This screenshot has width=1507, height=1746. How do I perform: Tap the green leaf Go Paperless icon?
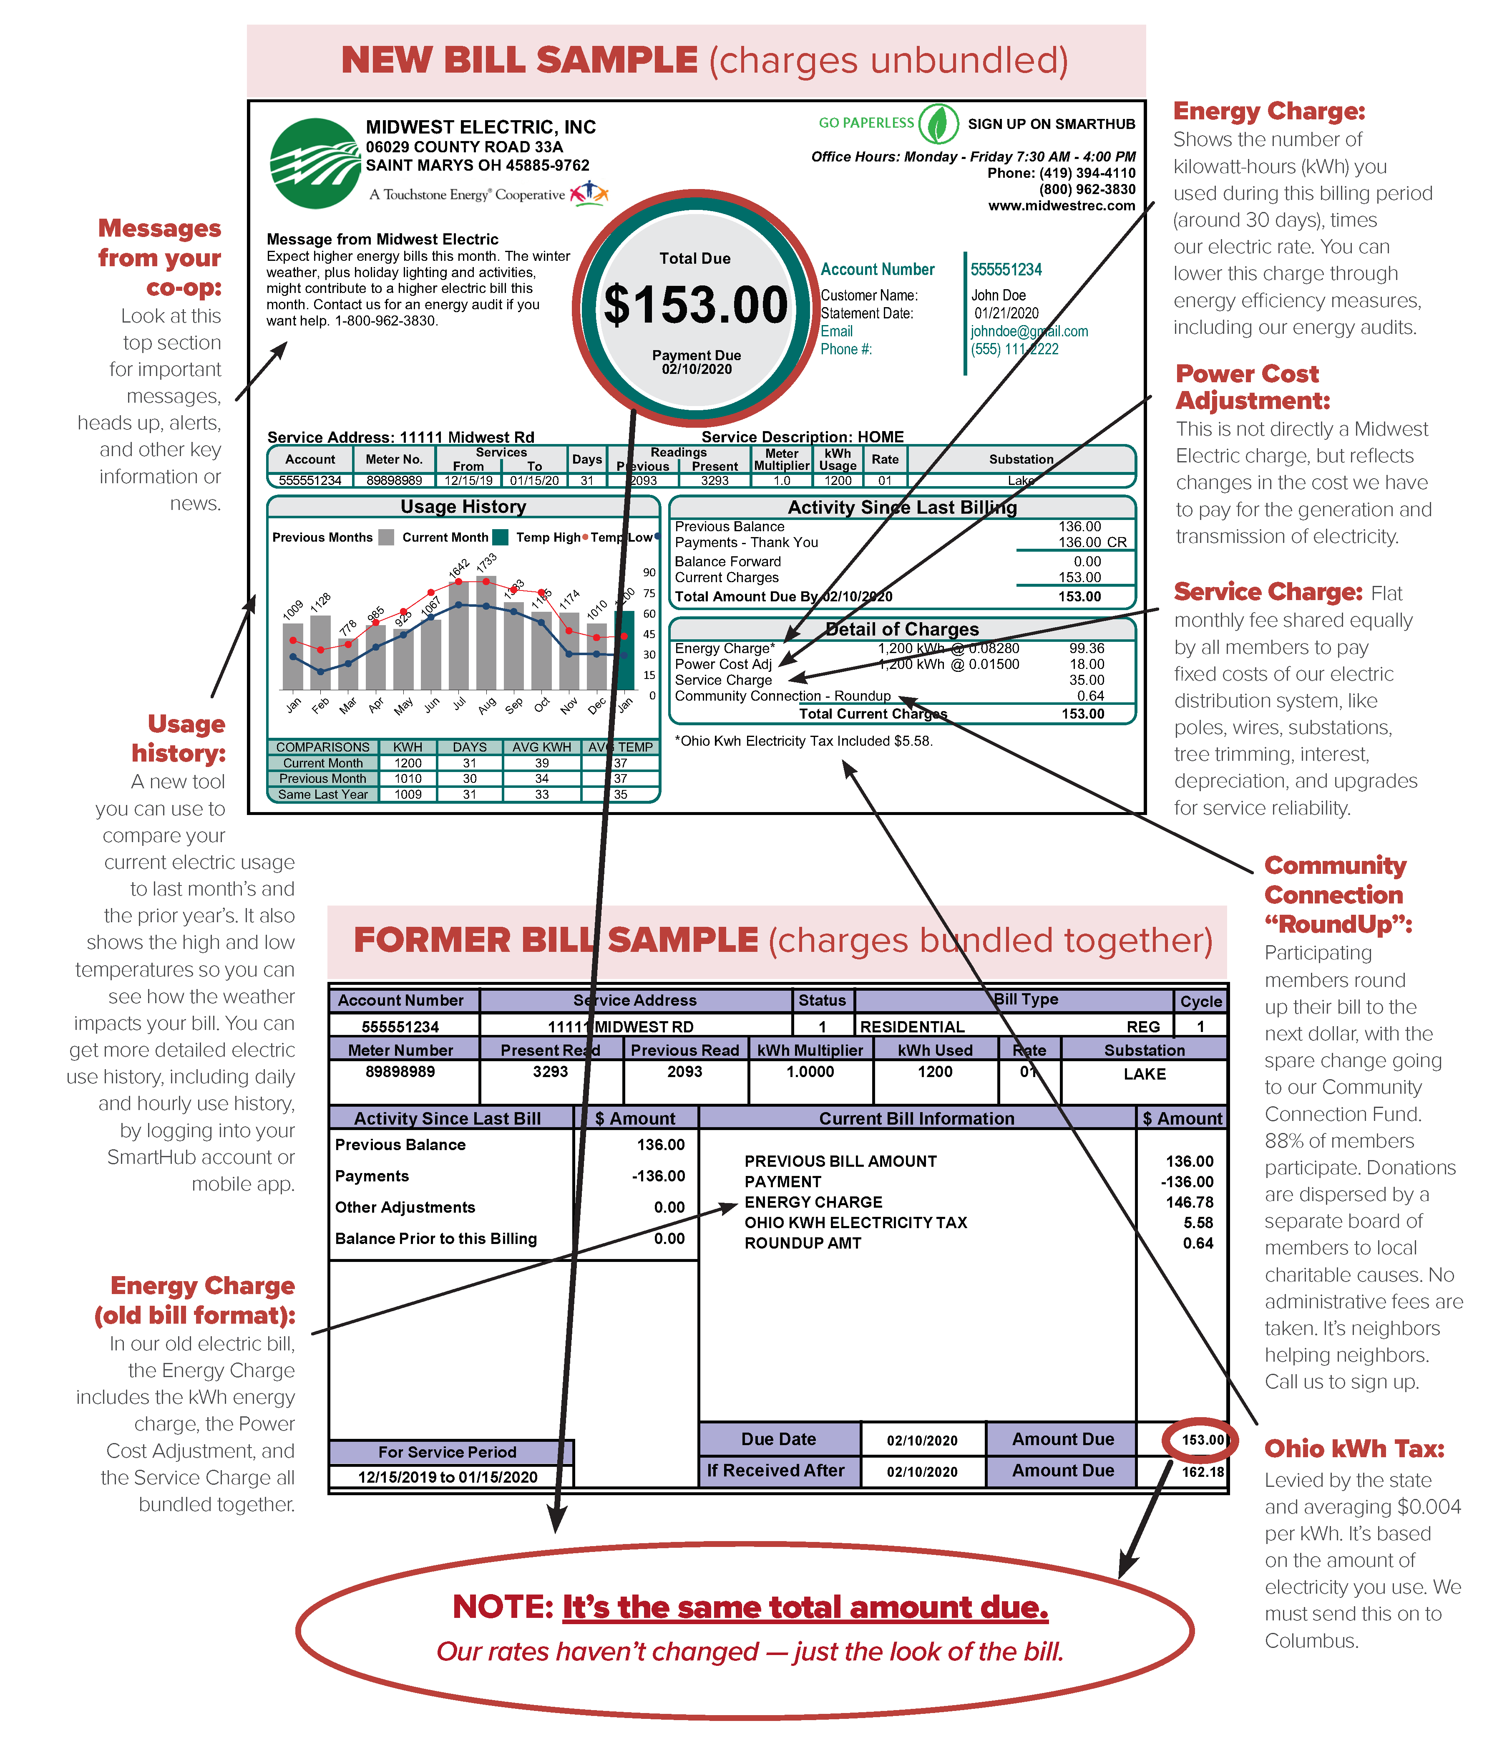click(938, 124)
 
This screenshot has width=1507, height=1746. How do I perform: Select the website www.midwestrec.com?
click(1062, 206)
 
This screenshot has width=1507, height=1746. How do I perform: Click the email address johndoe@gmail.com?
click(1029, 331)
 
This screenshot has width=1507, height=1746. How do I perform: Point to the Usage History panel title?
click(463, 507)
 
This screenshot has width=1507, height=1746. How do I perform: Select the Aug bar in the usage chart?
click(486, 632)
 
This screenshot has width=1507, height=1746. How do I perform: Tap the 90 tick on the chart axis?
click(649, 572)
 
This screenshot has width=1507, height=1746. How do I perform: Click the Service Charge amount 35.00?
click(1087, 680)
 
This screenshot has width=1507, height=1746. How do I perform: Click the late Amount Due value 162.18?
click(1202, 1471)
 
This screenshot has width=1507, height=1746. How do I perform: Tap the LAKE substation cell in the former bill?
click(1144, 1075)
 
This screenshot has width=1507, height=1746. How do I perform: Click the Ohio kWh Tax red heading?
click(1354, 1448)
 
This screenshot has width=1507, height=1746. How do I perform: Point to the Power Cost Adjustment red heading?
click(1253, 387)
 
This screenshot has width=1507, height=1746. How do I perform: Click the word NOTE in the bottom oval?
click(502, 1607)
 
